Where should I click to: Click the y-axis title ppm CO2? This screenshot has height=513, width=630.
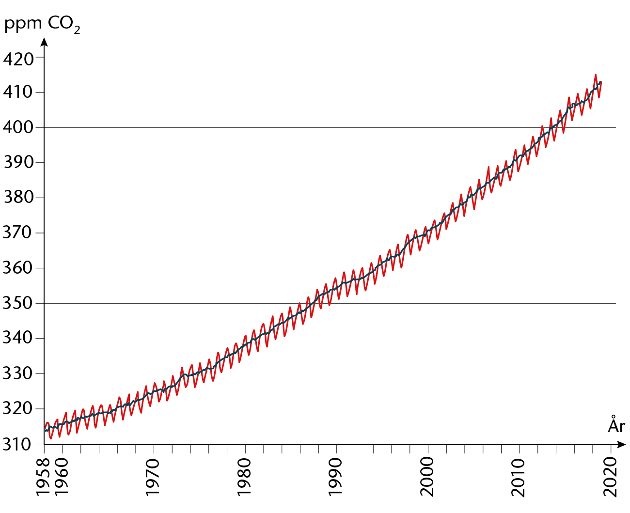point(42,25)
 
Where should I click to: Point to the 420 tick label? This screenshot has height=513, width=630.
point(18,60)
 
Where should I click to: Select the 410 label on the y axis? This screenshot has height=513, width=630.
point(18,92)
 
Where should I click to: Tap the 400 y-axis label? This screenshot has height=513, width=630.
point(18,127)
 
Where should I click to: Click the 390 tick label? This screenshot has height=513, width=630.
point(18,162)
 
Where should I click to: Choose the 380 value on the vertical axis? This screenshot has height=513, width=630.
point(18,198)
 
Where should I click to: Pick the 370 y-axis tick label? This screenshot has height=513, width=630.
point(18,233)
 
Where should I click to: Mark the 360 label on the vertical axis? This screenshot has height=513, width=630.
point(18,268)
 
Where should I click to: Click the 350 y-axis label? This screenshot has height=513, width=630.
point(18,303)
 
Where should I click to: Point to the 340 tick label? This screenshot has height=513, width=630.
point(18,338)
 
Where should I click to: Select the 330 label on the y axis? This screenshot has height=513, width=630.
point(18,374)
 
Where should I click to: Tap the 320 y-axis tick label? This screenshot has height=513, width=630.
point(18,409)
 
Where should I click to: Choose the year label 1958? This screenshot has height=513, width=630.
point(43,477)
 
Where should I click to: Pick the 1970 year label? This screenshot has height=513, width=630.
point(153,477)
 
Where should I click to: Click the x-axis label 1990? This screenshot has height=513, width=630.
point(336,477)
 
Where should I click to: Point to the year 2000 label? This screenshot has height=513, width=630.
point(427,477)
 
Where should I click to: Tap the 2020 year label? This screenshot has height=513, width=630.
point(610,477)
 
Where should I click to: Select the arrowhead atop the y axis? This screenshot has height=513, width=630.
point(44,42)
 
